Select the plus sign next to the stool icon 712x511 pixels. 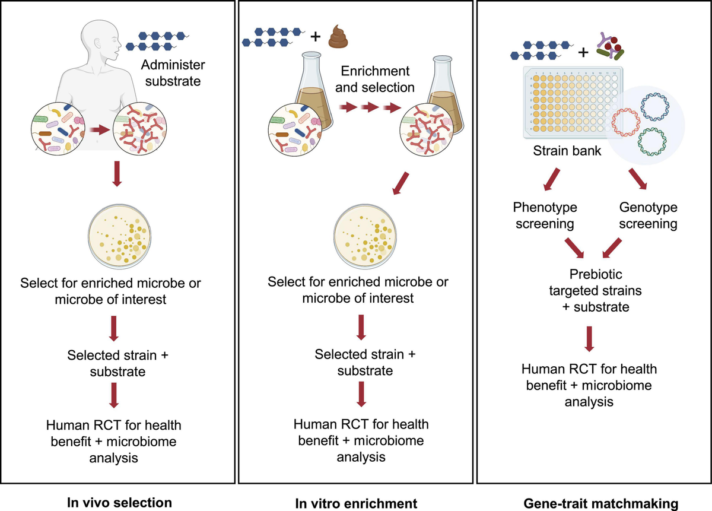coord(315,38)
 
